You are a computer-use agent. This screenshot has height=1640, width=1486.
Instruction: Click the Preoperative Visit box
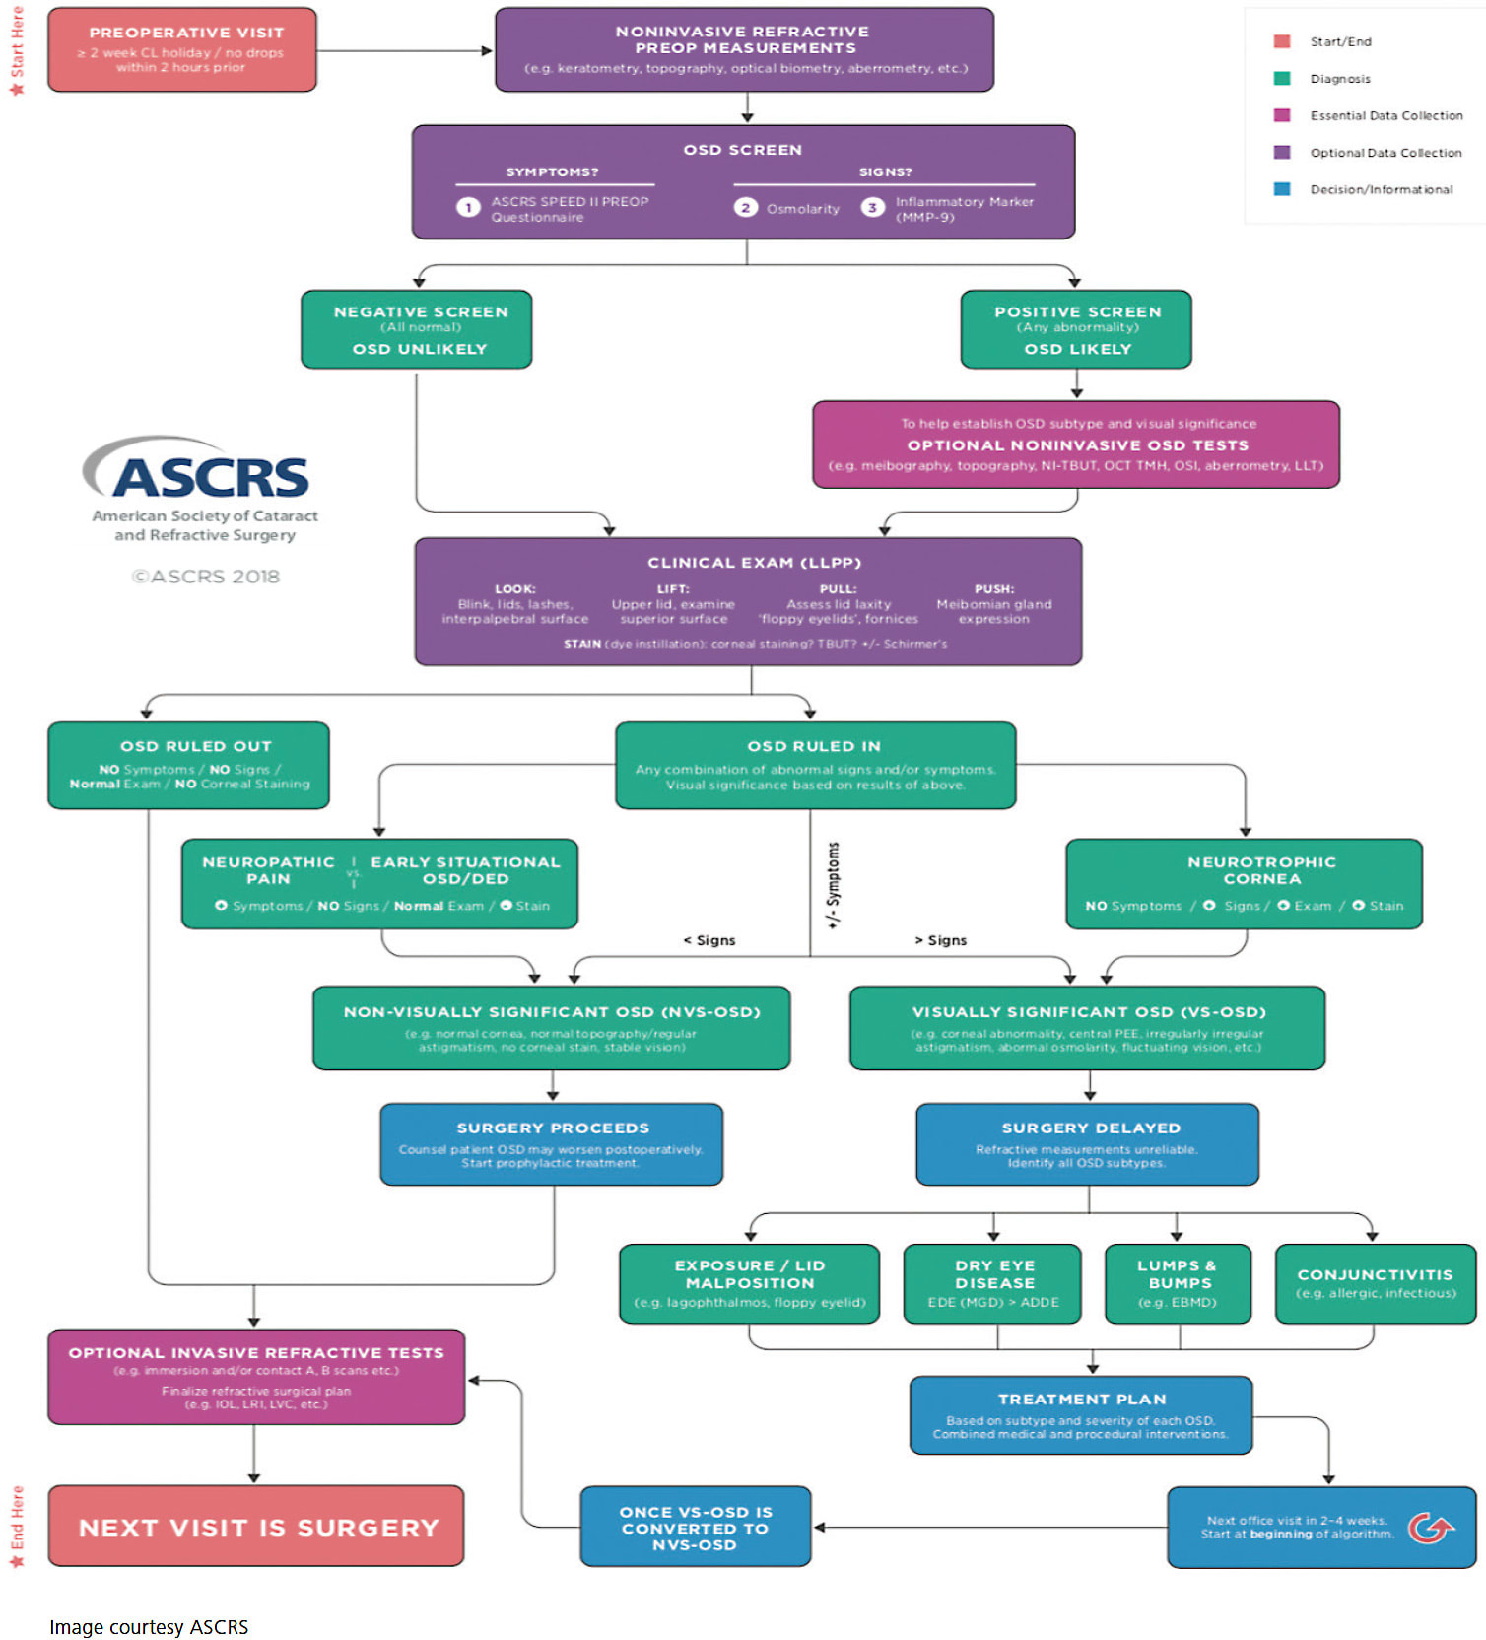(x=182, y=50)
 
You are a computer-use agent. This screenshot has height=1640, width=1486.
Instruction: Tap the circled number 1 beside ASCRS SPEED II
(x=468, y=207)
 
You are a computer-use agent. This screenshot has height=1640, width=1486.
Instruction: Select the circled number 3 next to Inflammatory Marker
(x=872, y=207)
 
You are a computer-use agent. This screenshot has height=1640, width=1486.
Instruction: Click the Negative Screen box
(x=417, y=329)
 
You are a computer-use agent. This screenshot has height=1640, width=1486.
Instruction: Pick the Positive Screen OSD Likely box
(x=1076, y=329)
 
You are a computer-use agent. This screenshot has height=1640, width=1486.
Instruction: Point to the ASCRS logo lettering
(x=212, y=478)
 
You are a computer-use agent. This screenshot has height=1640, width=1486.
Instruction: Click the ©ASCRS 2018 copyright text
(x=206, y=577)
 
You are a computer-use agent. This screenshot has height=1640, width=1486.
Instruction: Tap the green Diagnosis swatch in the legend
(x=1282, y=79)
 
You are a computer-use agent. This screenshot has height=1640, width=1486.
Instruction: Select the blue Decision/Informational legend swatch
(x=1282, y=189)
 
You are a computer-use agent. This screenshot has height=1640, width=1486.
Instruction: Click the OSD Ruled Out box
(x=188, y=766)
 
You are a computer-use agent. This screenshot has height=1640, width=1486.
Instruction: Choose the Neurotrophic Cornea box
(x=1245, y=883)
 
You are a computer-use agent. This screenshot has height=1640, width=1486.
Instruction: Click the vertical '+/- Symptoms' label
(x=834, y=885)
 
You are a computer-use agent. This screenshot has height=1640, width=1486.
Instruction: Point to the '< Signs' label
(x=709, y=940)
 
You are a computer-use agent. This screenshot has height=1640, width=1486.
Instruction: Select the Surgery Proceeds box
(x=552, y=1144)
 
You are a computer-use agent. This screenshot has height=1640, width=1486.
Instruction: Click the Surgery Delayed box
(x=1088, y=1144)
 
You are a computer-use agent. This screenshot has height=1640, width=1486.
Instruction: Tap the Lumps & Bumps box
(x=1178, y=1283)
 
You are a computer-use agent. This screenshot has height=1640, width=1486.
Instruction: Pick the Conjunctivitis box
(x=1376, y=1283)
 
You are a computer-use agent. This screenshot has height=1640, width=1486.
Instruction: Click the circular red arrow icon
(x=1430, y=1529)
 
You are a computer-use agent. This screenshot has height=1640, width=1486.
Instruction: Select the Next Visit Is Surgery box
(x=256, y=1527)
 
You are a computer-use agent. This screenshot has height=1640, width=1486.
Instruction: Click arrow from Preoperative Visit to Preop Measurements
(x=404, y=50)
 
